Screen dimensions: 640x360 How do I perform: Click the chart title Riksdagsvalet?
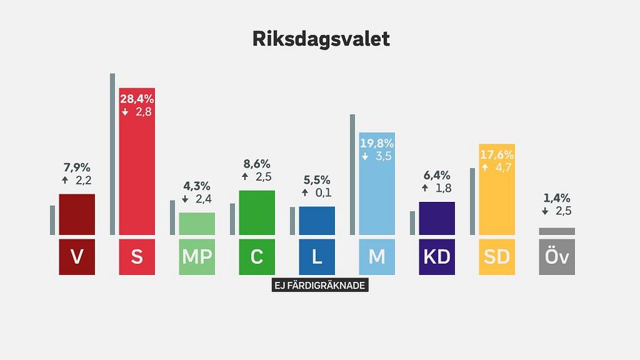(x=321, y=39)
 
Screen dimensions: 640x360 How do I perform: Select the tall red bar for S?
(x=137, y=161)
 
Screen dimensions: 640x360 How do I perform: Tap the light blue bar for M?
(x=377, y=184)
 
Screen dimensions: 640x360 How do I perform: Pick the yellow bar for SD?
(x=497, y=190)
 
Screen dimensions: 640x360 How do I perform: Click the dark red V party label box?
(x=77, y=257)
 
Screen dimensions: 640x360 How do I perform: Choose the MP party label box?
(x=197, y=257)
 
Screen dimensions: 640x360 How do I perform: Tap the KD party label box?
(x=437, y=257)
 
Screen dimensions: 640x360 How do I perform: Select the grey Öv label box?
(x=557, y=257)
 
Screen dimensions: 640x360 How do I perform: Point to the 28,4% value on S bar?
(x=137, y=99)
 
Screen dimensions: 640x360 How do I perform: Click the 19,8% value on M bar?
(x=377, y=143)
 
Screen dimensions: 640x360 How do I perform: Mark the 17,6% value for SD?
(x=497, y=155)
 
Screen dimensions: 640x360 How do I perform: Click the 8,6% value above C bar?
(x=257, y=164)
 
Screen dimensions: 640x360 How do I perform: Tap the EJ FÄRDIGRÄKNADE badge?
(x=320, y=285)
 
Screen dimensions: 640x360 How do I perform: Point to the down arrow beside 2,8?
(x=125, y=112)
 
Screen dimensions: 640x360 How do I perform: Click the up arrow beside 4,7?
(x=485, y=167)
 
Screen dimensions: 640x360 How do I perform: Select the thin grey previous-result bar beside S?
(x=112, y=154)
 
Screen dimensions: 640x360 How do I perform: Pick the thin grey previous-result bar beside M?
(x=352, y=175)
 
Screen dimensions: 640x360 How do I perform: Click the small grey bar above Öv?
(x=557, y=232)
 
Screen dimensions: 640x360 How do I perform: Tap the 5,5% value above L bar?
(x=317, y=180)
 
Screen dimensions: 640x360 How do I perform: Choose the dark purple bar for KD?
(x=437, y=218)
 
